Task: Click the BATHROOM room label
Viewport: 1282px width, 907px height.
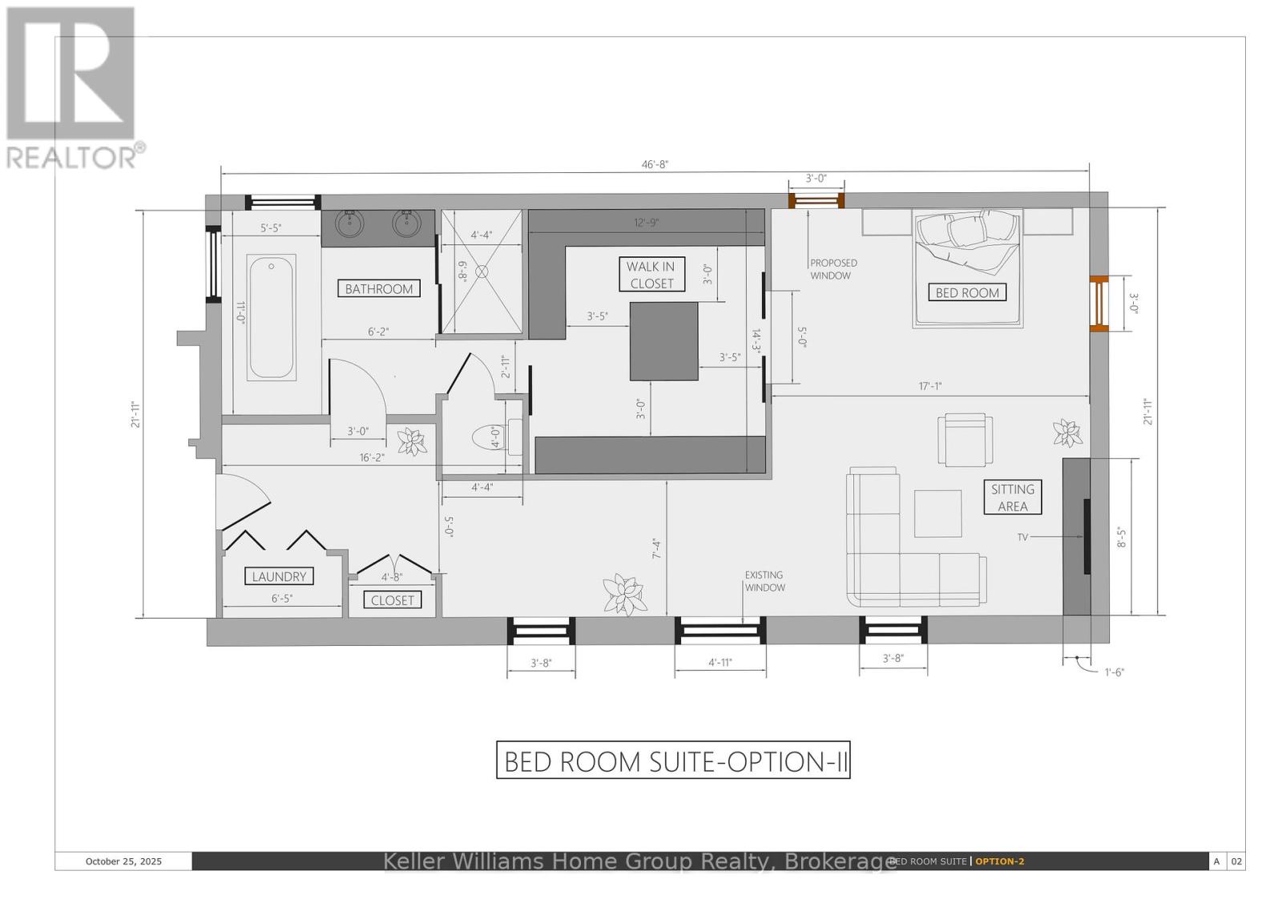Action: point(379,288)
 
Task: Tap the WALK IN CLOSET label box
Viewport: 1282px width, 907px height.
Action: point(651,275)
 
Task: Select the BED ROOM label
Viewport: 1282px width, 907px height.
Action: point(967,292)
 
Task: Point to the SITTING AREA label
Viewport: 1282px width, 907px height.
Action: point(1012,498)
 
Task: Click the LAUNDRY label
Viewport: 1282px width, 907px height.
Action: point(279,576)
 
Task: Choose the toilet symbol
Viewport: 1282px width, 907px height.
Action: point(491,438)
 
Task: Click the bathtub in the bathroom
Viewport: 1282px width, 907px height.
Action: point(272,316)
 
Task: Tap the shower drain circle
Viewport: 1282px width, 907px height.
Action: point(482,272)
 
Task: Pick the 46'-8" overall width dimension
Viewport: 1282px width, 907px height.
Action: point(655,164)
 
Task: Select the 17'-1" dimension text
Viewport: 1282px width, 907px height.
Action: point(929,386)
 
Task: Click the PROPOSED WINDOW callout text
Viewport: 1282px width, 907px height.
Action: point(833,269)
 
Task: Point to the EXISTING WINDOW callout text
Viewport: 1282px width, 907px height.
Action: point(764,581)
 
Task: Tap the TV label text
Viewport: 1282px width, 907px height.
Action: point(1022,538)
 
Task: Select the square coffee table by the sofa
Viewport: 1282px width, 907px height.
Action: point(937,514)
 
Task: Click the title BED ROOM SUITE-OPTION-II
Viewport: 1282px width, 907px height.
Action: point(673,760)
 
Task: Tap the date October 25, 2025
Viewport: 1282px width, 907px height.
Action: point(123,861)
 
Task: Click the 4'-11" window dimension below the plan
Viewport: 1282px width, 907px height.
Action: point(720,663)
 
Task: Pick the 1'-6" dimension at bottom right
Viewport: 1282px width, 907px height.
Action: point(1114,672)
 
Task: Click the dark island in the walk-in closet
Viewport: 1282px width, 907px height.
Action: point(663,341)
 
